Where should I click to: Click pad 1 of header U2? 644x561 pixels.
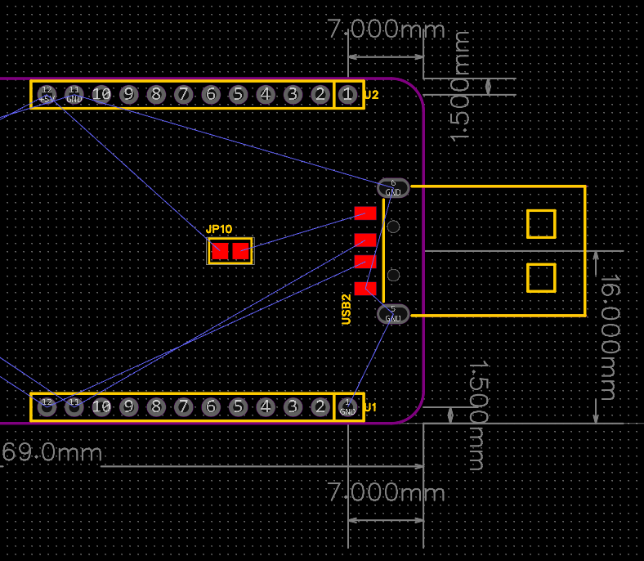(347, 95)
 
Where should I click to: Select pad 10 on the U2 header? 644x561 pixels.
(101, 95)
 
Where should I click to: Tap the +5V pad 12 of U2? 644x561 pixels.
(47, 95)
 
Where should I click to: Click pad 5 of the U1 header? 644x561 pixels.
(238, 406)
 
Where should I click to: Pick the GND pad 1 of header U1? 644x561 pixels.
(347, 406)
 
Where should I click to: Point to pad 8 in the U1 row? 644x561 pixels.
(155, 406)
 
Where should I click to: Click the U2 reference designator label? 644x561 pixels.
(372, 95)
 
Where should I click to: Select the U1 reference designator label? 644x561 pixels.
(371, 406)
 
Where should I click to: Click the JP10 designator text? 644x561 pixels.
(219, 230)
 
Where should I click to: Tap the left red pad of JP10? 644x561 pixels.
(220, 251)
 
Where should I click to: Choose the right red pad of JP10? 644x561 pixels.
(240, 251)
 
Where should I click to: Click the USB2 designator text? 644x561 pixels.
(347, 309)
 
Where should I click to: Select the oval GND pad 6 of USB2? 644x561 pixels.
(393, 187)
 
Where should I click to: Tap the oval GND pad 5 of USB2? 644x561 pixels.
(393, 313)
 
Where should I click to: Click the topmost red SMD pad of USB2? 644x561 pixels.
(365, 213)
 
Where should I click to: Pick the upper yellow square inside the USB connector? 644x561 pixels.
(541, 223)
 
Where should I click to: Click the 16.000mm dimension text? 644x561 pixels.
(610, 337)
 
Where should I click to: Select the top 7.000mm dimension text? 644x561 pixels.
(386, 30)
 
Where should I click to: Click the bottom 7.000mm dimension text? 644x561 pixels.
(386, 493)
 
